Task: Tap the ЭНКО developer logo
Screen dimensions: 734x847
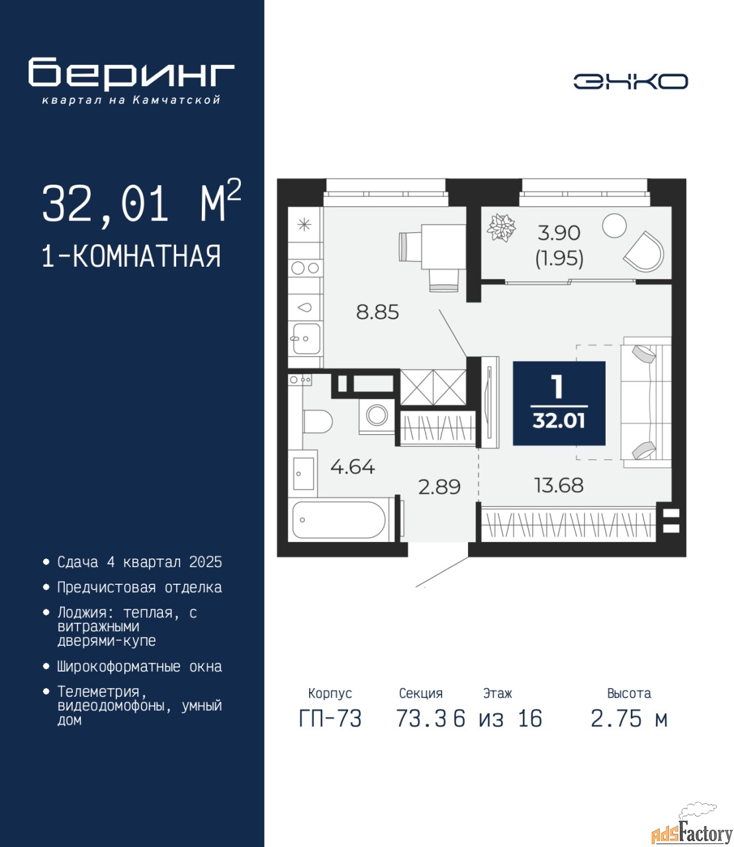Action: pos(630,81)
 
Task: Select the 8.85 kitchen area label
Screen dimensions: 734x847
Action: pos(377,312)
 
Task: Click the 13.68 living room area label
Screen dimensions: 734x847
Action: pos(559,486)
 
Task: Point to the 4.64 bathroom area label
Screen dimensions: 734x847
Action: pos(353,467)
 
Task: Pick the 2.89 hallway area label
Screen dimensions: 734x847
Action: pos(439,487)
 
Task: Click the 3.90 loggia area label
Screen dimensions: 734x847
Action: pos(559,233)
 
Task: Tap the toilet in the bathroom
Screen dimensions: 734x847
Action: pos(317,421)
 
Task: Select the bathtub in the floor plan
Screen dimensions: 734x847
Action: pos(339,519)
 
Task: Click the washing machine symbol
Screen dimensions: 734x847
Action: pos(377,416)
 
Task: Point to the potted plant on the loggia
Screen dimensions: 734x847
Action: pos(501,228)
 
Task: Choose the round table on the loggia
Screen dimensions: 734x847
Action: pos(614,226)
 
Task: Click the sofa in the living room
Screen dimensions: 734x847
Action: pos(646,402)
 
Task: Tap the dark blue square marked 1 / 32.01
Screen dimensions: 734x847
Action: pos(559,403)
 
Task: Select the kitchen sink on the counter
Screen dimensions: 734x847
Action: pos(306,339)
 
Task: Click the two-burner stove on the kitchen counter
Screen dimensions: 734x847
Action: pos(305,269)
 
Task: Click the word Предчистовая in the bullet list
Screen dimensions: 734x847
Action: pos(107,588)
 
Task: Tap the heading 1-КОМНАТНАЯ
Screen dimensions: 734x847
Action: pos(132,256)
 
